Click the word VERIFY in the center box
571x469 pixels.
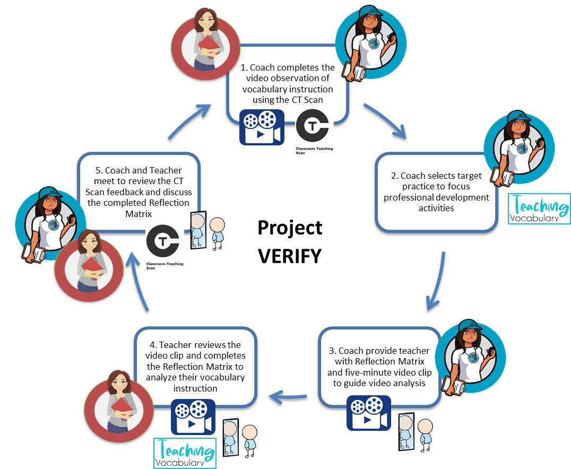tap(290, 256)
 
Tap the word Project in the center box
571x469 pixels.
tap(290, 228)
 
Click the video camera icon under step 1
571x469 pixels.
tap(262, 127)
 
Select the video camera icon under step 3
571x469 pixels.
tap(368, 412)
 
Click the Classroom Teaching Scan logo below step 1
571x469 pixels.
tap(314, 133)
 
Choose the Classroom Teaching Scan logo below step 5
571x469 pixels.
tap(165, 247)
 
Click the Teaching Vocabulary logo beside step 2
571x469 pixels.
tap(539, 209)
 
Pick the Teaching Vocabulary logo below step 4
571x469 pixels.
tap(184, 453)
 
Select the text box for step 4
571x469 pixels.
tap(195, 366)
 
